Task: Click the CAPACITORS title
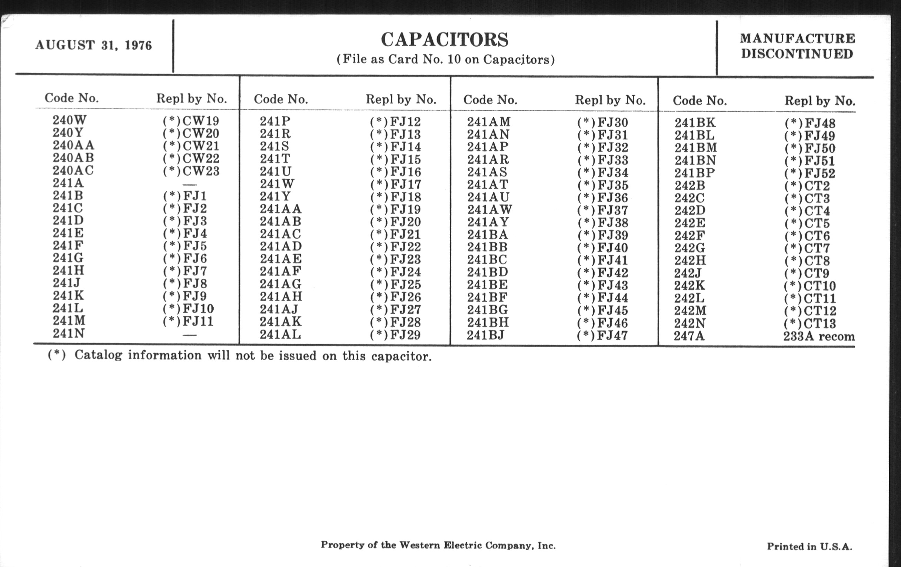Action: coord(445,40)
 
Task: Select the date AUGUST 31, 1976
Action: coord(93,45)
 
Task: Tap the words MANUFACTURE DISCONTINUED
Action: coord(797,46)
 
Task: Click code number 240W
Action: coord(70,120)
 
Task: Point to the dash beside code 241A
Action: coord(189,184)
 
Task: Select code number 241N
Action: coord(69,333)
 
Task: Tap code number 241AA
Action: coord(280,209)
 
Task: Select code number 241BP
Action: coord(695,173)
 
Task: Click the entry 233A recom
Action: coord(819,336)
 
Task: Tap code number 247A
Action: coord(689,336)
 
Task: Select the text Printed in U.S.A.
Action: coord(809,546)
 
